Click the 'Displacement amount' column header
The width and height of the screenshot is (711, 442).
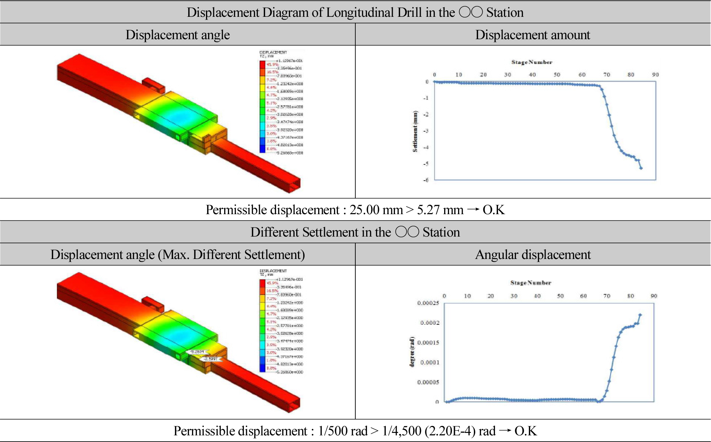[x=532, y=35]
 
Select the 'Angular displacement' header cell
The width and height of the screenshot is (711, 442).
[x=533, y=254]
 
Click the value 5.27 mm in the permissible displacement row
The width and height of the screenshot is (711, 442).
[x=440, y=210]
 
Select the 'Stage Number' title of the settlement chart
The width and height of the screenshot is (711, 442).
[x=532, y=62]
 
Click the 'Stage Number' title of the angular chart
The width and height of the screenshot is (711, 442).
[x=531, y=283]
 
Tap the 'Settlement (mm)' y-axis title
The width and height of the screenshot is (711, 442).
[x=415, y=131]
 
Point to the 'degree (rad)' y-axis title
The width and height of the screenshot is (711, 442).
[x=412, y=352]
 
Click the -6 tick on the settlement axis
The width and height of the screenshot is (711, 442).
[x=426, y=180]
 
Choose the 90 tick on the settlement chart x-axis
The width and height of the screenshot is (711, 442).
[x=655, y=75]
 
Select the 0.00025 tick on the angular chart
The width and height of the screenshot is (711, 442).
[x=428, y=303]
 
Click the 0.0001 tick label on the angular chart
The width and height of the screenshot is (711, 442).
[x=429, y=363]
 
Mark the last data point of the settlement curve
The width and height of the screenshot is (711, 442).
[x=641, y=168]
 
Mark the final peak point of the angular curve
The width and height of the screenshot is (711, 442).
[x=640, y=315]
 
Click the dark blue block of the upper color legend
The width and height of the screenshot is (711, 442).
[x=262, y=149]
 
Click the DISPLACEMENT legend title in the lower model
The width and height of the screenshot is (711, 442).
[x=273, y=271]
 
